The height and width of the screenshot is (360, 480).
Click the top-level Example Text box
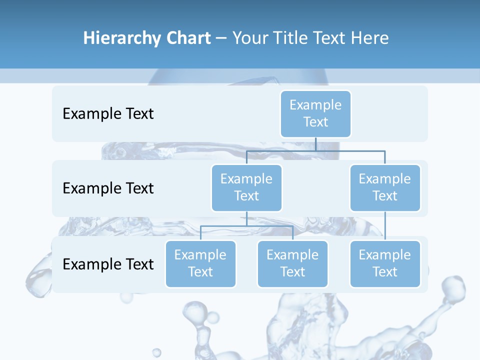tap(315, 113)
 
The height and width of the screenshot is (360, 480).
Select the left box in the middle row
tap(246, 187)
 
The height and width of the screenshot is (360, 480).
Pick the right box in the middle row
tap(385, 187)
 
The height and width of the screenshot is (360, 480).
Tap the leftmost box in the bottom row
tap(200, 263)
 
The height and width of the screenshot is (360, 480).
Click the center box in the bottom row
tap(292, 263)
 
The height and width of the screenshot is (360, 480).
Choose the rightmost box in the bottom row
tap(385, 263)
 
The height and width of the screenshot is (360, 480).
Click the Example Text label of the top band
tap(108, 113)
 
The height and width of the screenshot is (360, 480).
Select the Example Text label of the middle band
tap(108, 188)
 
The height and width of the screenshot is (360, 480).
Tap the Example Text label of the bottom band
tap(108, 264)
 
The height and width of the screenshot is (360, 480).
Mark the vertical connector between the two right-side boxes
tap(385, 226)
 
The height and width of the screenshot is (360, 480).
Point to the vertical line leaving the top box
tap(315, 144)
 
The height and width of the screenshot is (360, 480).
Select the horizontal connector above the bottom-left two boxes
tap(246, 226)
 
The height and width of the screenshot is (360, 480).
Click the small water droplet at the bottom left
tap(156, 352)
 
